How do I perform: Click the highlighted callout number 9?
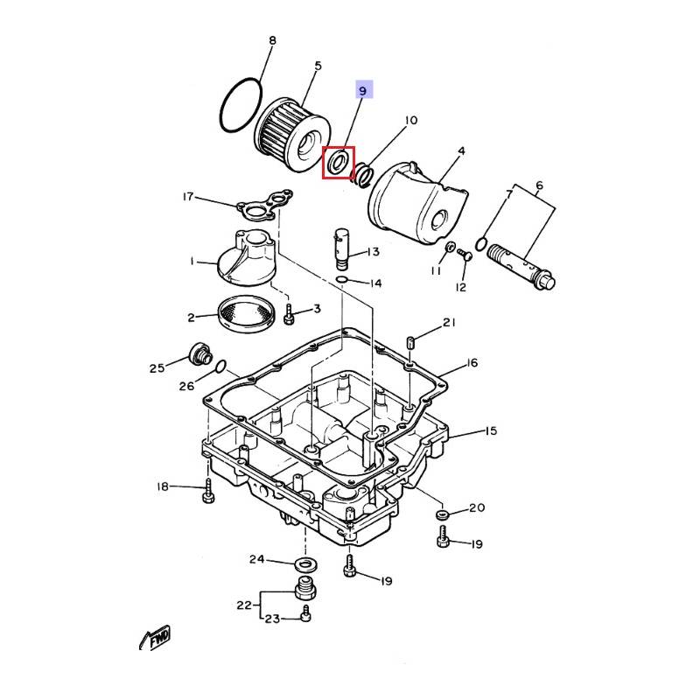click(362, 91)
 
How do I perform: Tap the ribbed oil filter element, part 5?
click(292, 136)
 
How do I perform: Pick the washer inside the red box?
click(338, 162)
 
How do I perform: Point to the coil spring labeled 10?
click(363, 174)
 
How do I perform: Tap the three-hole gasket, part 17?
click(265, 205)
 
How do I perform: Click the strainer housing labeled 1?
click(247, 257)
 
